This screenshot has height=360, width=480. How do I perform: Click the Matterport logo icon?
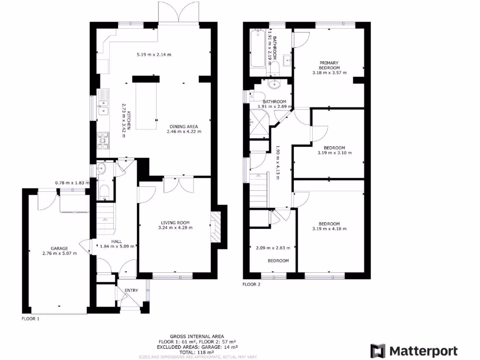[378, 351]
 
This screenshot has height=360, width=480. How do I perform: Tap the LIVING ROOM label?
[176, 223]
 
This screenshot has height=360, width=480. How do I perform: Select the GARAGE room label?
[60, 248]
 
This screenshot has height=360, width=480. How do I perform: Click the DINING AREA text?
[184, 127]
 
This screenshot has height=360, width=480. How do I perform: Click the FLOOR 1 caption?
[30, 318]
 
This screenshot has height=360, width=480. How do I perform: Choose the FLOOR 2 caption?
[251, 284]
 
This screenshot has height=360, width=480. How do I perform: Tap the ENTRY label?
[131, 291]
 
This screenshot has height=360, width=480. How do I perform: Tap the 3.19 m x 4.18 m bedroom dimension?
[329, 229]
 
